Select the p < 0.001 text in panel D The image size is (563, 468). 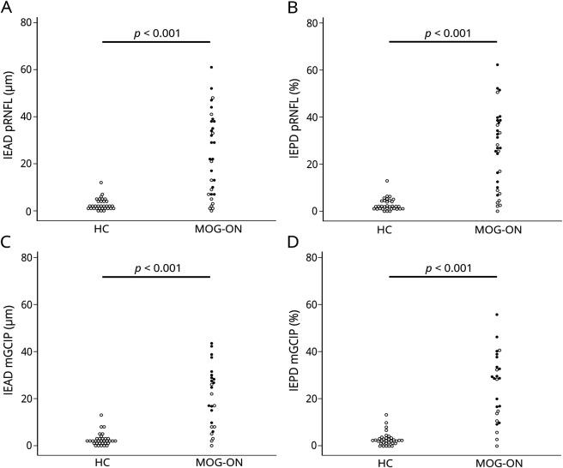click(442, 266)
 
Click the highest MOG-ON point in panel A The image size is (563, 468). click(210, 67)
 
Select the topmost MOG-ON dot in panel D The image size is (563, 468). click(496, 315)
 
